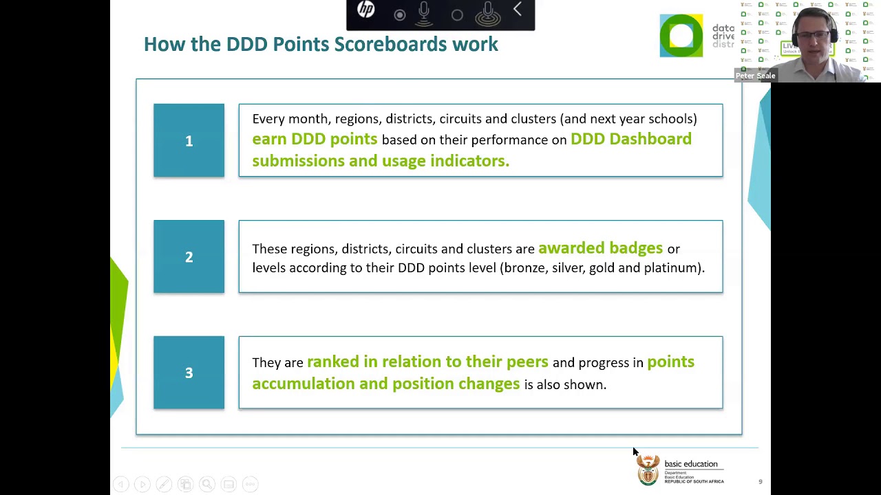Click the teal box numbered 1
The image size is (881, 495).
click(x=189, y=140)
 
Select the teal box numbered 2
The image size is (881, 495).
click(x=189, y=256)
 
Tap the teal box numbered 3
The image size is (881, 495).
click(x=189, y=373)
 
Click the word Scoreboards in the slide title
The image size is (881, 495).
click(x=390, y=44)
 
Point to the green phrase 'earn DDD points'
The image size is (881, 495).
click(x=315, y=139)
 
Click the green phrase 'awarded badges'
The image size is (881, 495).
click(x=600, y=248)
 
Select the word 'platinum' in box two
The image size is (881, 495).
click(x=671, y=268)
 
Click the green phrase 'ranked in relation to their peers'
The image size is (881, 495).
click(x=427, y=362)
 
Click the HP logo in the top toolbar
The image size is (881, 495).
click(x=365, y=10)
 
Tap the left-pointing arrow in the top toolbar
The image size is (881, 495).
click(x=518, y=10)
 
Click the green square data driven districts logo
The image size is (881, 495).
click(x=681, y=36)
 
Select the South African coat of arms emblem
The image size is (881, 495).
click(x=648, y=470)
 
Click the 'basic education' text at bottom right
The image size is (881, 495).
click(x=690, y=464)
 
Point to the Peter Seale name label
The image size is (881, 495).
click(x=755, y=76)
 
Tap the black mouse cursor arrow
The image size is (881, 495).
click(x=635, y=452)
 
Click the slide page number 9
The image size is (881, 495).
click(x=761, y=482)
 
